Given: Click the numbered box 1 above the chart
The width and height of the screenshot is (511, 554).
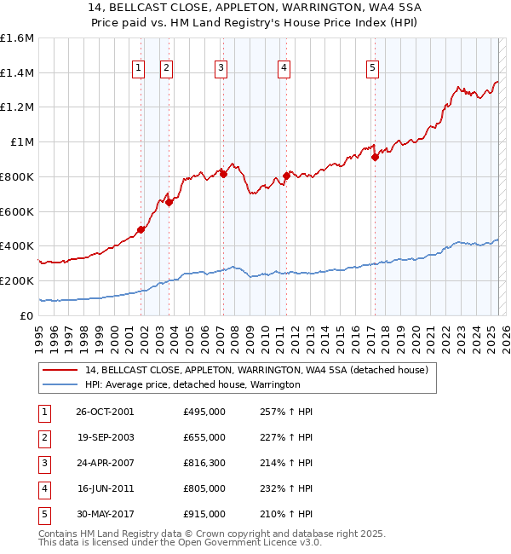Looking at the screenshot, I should pos(138,70).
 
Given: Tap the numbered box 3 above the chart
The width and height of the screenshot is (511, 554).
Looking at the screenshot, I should pos(221,70).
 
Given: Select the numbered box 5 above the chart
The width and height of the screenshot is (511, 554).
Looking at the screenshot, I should pos(373,70).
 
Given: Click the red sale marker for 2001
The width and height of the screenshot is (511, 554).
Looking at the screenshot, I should pos(141,229).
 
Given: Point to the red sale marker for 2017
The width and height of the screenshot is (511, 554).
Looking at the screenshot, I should pos(375,157).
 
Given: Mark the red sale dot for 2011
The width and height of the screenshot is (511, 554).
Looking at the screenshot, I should pos(286,176).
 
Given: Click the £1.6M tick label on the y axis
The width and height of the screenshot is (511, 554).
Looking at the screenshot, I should pos(17,38).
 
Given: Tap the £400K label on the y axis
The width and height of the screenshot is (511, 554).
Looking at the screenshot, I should pos(17,245).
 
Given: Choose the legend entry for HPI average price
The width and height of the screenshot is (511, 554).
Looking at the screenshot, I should pos(192,384).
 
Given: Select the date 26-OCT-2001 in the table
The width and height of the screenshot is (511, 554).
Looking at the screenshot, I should pos(105,412).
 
